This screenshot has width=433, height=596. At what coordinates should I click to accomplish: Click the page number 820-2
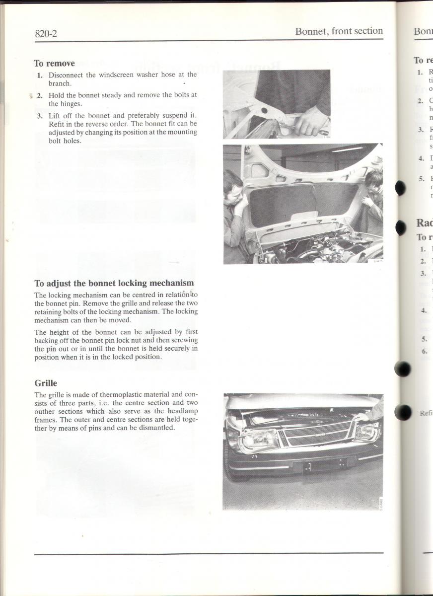click(x=46, y=34)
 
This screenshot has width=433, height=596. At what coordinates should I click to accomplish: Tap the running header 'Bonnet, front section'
click(x=339, y=31)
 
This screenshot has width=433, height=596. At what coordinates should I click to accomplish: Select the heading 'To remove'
click(x=54, y=63)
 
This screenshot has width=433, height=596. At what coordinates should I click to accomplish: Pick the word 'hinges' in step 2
click(x=70, y=104)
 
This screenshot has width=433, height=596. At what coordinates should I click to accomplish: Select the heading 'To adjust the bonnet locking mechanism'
click(x=114, y=283)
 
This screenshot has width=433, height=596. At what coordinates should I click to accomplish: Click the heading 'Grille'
click(x=46, y=383)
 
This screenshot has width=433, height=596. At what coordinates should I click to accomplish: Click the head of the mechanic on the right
click(x=374, y=178)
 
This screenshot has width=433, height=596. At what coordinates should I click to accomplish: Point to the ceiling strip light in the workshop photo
click(x=348, y=149)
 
